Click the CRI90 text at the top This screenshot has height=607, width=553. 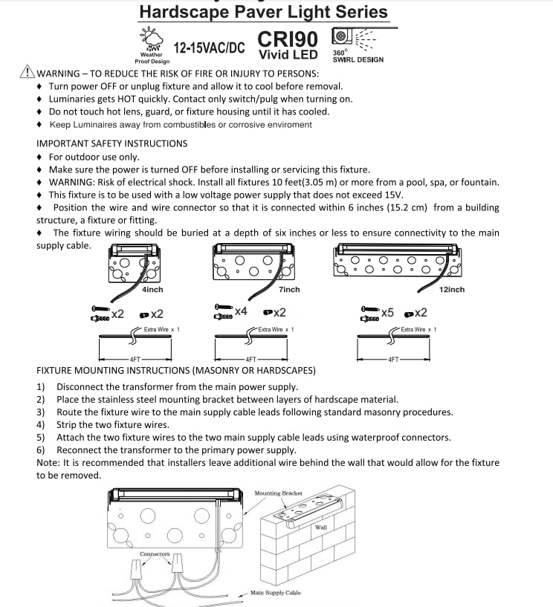288,39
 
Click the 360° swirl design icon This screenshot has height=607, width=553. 343,36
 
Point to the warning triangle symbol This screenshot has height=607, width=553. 28,73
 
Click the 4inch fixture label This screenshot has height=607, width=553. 152,290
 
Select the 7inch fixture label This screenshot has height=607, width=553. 289,290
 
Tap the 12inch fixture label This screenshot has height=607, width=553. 451,290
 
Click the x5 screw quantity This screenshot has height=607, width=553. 387,313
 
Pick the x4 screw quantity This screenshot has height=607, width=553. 241,310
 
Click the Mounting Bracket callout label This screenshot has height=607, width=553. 278,493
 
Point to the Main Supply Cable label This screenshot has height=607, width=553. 275,593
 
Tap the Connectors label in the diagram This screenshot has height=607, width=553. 155,554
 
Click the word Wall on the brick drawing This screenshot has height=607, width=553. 321,527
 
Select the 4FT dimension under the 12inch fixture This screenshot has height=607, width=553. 393,360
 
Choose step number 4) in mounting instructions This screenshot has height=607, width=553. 41,425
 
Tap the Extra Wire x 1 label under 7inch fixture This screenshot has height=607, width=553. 276,329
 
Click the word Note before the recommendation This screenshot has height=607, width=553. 48,462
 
